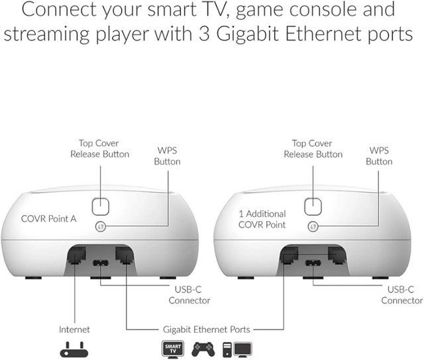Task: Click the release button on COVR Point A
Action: (101, 205)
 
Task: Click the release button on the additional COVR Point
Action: (313, 205)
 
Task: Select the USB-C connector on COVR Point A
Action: (100, 263)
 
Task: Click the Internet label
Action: (74, 328)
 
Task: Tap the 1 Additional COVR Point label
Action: (262, 219)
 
